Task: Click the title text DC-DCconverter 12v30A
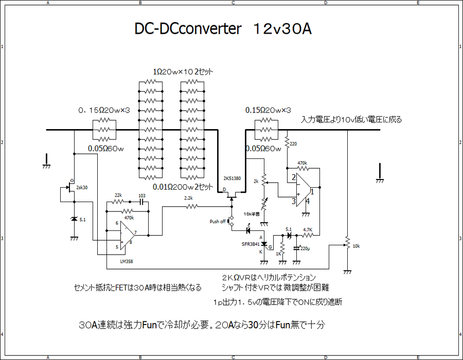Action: tap(223, 29)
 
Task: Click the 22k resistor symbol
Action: tap(118, 203)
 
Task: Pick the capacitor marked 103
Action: tap(141, 202)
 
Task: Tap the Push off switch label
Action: tap(218, 222)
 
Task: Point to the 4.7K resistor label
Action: tap(308, 230)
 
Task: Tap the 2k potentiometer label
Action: tap(256, 181)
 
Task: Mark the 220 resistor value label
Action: tap(293, 144)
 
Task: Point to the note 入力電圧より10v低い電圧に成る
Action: tap(351, 119)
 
